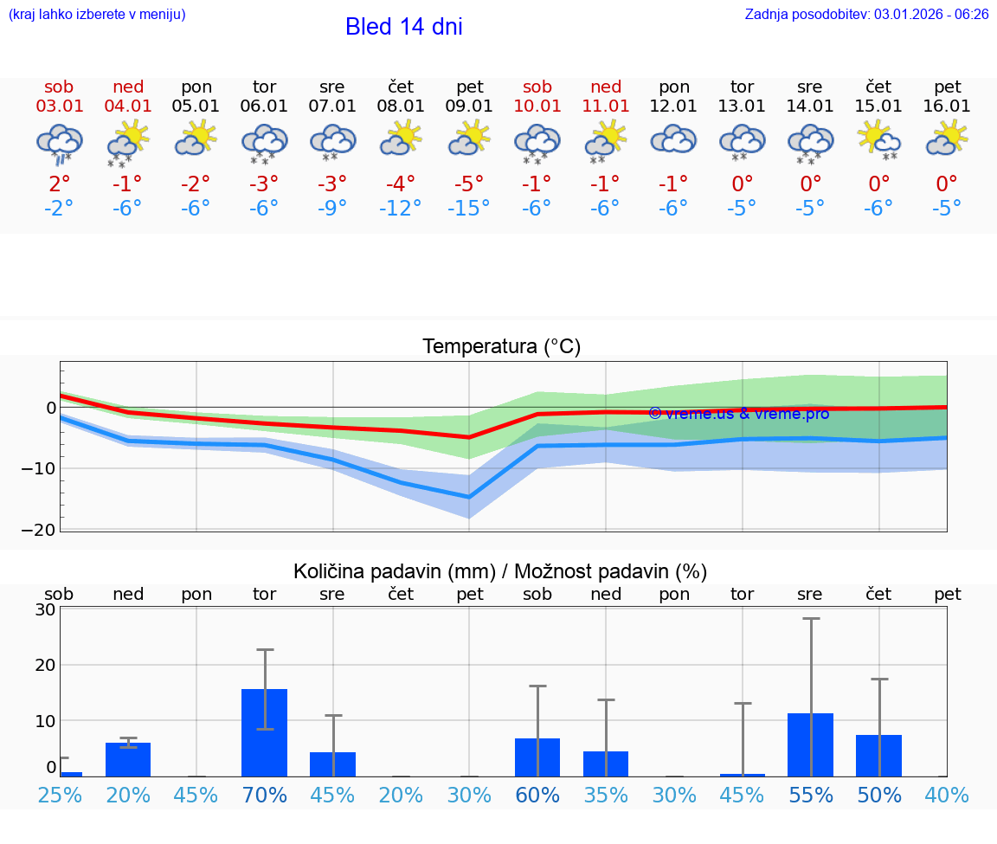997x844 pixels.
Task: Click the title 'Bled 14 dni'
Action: (403, 27)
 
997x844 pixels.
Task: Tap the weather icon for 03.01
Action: (59, 143)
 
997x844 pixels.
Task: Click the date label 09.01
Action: (470, 106)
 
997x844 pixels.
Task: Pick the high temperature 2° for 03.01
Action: (59, 184)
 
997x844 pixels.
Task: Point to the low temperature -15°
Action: (469, 209)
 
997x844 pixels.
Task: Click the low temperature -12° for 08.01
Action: (401, 209)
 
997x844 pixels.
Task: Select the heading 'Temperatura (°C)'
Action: (501, 347)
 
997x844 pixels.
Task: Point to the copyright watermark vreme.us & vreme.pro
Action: (738, 414)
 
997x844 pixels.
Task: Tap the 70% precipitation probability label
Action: (264, 795)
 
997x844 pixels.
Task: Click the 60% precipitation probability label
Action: (537, 795)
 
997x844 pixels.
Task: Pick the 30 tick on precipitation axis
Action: (45, 609)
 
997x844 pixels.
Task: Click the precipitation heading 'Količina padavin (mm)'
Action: (394, 571)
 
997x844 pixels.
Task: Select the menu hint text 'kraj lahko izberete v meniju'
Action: (97, 15)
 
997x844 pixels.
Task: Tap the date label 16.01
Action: (947, 106)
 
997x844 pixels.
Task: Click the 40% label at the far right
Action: (947, 795)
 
